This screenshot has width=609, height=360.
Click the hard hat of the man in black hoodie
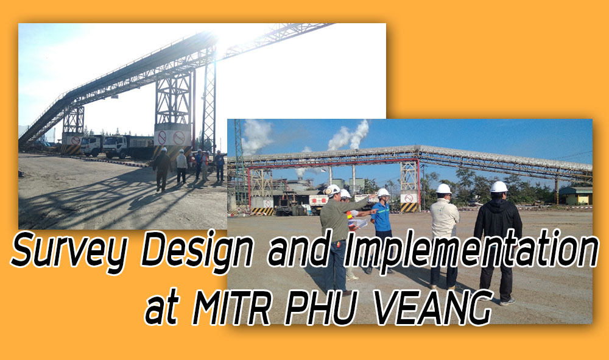pyautogui.click(x=499, y=187)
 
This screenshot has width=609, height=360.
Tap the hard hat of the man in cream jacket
pyautogui.click(x=443, y=189)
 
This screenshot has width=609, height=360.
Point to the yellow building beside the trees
pyautogui.click(x=576, y=196)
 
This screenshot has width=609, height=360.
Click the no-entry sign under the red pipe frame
pyautogui.click(x=409, y=199)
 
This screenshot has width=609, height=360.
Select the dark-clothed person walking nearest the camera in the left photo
pyautogui.click(x=161, y=169)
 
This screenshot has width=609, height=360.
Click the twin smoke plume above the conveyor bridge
pyautogui.click(x=349, y=135)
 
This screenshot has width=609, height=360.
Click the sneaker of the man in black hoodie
pyautogui.click(x=507, y=302)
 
